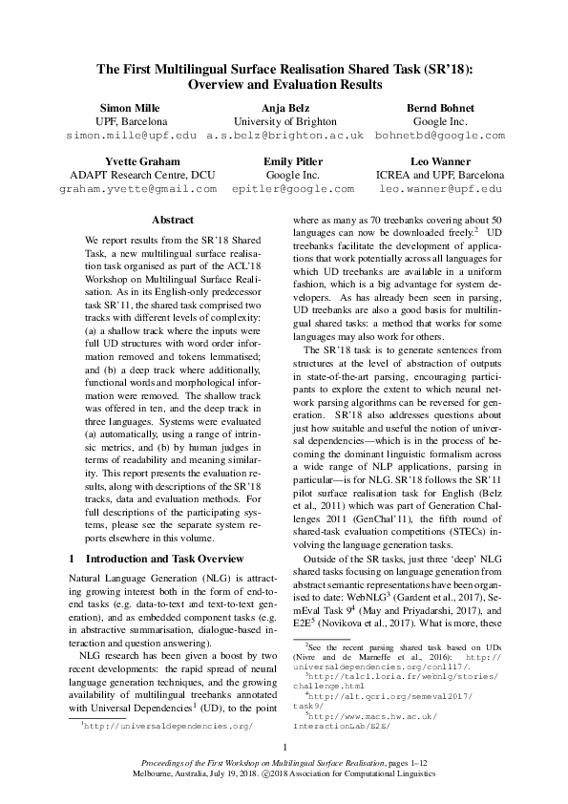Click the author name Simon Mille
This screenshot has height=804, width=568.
pos(132,108)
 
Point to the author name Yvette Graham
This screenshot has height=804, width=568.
pos(132,162)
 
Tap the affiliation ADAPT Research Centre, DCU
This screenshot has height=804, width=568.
pos(132,176)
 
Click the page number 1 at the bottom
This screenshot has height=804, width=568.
pos(284,747)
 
